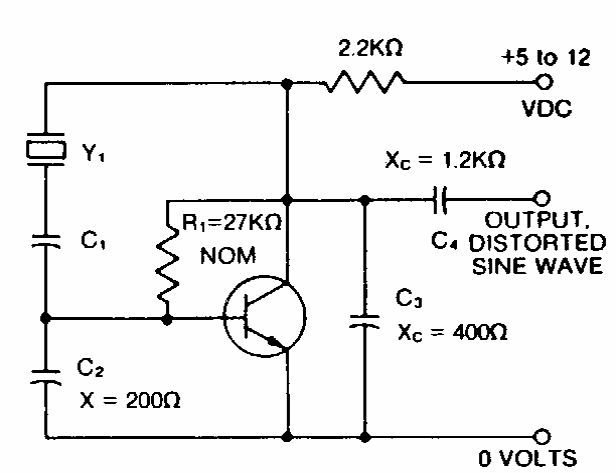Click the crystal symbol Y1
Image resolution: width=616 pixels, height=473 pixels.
click(46, 149)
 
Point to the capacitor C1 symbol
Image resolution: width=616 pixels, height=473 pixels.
click(46, 241)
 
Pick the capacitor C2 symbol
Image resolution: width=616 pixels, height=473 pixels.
click(46, 376)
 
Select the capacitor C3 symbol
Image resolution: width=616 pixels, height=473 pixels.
click(365, 321)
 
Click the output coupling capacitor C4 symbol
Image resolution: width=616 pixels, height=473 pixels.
click(440, 200)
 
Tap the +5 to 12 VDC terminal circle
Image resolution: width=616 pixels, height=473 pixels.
click(544, 82)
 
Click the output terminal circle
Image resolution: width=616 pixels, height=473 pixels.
click(542, 198)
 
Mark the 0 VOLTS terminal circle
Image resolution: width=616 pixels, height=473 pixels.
click(542, 436)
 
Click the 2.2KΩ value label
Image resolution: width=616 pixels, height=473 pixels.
click(370, 48)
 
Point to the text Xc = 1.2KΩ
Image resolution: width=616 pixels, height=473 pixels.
click(445, 160)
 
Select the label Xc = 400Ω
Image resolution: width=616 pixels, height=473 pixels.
click(452, 333)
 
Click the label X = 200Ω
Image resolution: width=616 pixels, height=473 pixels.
click(130, 401)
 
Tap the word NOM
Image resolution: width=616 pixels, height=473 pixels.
click(228, 256)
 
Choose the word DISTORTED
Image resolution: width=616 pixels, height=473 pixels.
click(537, 243)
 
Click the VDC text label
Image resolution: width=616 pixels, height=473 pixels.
click(547, 108)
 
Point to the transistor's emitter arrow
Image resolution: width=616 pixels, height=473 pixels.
click(275, 343)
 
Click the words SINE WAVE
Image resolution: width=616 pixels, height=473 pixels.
click(537, 266)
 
